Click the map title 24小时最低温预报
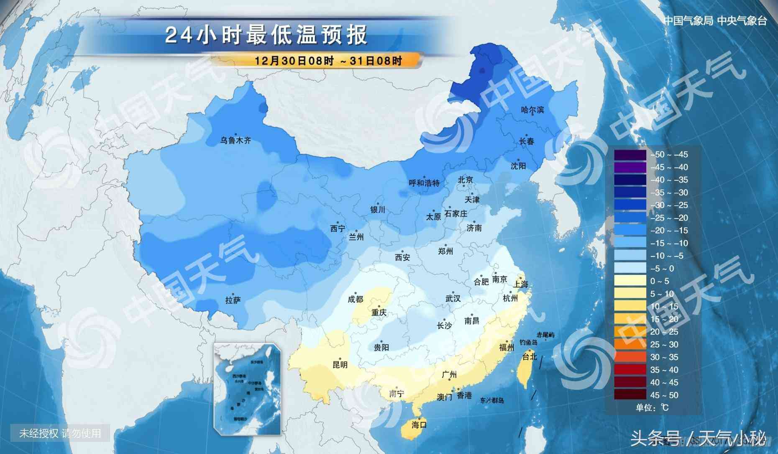click(266, 35)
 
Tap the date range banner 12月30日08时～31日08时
click(328, 61)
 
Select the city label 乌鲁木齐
click(236, 141)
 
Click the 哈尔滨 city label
click(532, 110)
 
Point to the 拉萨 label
click(233, 300)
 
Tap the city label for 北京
click(465, 180)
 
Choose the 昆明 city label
click(340, 365)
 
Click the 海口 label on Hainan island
click(419, 425)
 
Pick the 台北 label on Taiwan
click(530, 357)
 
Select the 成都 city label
click(356, 299)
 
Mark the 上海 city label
click(521, 284)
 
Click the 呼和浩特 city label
click(424, 183)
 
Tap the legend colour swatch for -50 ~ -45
click(630, 155)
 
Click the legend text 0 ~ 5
click(660, 281)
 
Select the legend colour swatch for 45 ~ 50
click(630, 395)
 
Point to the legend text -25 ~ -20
click(669, 218)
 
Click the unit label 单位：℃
click(652, 408)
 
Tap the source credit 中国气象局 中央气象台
click(715, 21)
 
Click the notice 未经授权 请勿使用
click(60, 433)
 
